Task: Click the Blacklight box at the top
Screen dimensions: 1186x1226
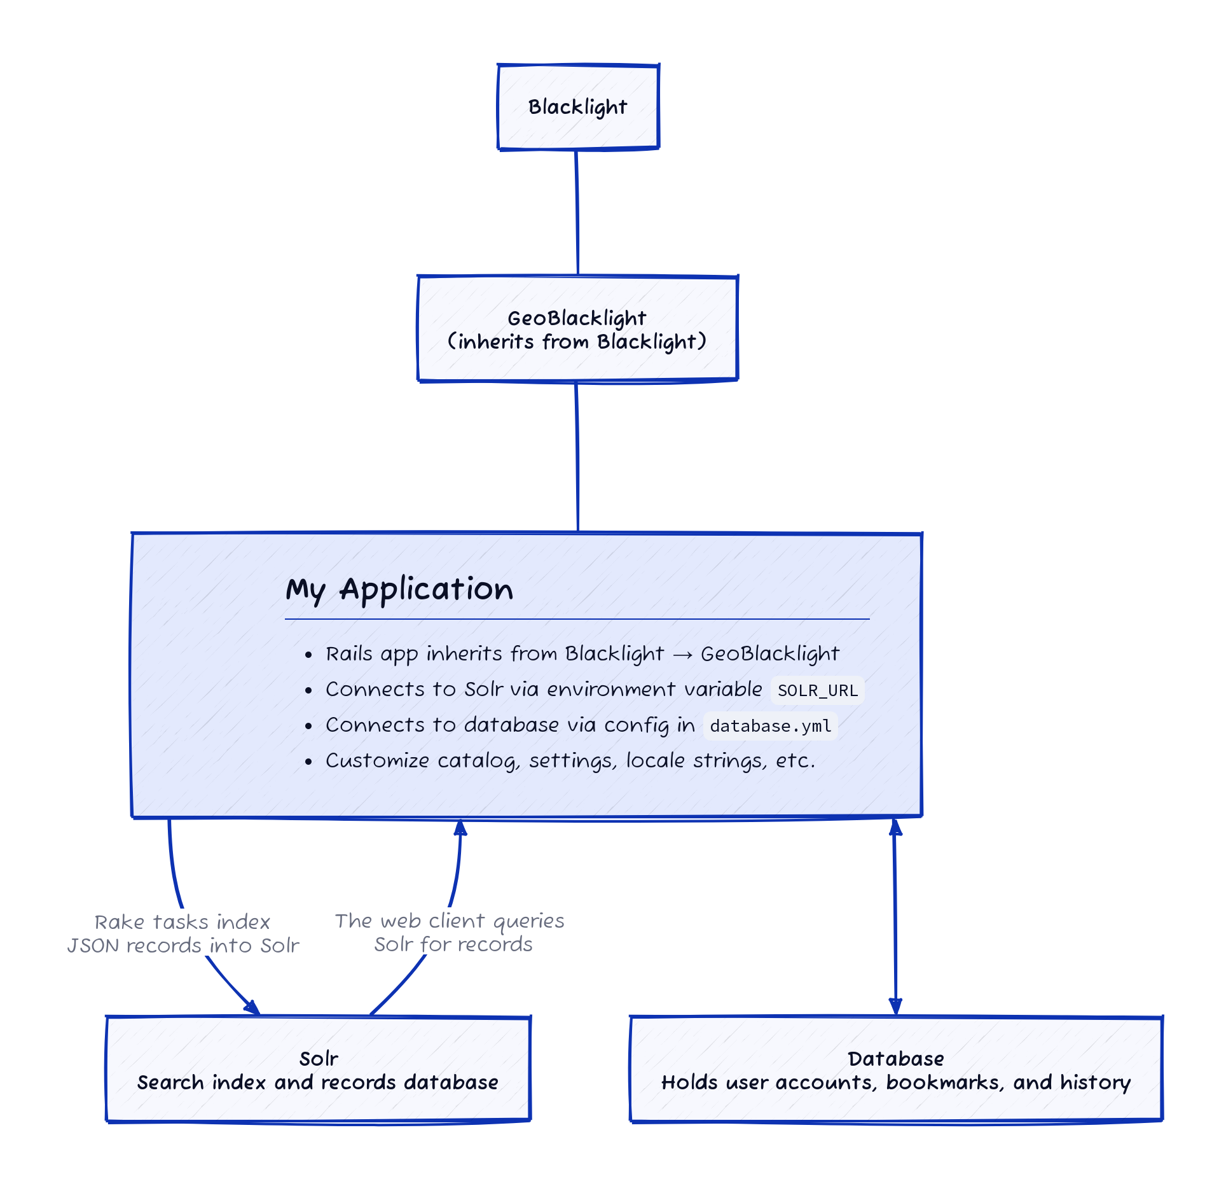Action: point(577,107)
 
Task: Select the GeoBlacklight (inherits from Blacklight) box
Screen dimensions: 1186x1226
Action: point(577,329)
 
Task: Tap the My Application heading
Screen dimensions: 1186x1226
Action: point(399,589)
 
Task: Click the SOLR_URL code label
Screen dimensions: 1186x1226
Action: point(817,690)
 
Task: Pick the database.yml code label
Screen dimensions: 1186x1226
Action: point(770,726)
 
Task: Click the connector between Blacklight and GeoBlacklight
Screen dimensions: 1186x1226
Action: point(577,212)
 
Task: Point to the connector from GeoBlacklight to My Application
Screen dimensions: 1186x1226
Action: point(577,456)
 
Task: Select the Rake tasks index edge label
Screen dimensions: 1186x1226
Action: point(183,933)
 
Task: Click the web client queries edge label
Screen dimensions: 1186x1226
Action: point(450,932)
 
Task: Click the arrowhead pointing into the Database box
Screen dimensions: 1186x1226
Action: point(895,1007)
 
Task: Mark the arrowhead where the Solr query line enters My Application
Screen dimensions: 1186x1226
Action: point(460,827)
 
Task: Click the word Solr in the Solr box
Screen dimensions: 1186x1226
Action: point(319,1059)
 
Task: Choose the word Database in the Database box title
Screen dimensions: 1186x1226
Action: point(895,1059)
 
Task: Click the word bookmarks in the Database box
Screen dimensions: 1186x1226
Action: point(945,1083)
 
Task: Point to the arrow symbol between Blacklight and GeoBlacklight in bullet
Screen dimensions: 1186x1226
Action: point(682,655)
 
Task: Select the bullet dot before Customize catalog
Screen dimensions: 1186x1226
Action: point(308,761)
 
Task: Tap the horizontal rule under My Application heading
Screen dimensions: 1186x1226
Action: point(577,618)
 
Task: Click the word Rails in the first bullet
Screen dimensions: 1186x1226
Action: point(348,654)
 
